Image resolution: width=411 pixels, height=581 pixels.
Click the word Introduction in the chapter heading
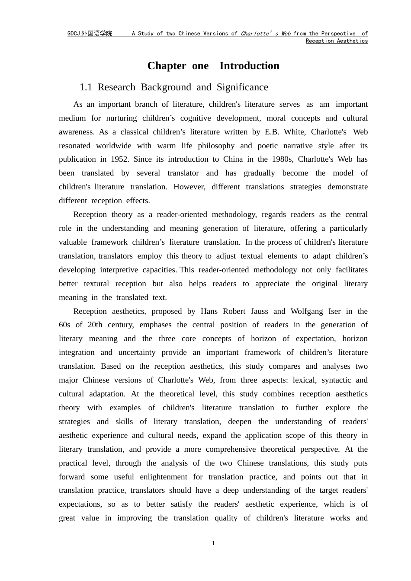[x=249, y=66]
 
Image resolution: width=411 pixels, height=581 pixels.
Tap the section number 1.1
[x=86, y=87]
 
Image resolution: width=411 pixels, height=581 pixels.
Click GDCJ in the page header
[x=74, y=34]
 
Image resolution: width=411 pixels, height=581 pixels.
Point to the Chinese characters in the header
[x=96, y=34]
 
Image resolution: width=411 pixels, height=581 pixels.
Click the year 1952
[x=119, y=159]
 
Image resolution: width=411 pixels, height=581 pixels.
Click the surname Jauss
[x=258, y=311]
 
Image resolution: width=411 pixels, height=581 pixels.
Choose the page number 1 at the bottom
[x=213, y=543]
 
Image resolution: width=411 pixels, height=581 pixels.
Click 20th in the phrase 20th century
[x=95, y=325]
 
